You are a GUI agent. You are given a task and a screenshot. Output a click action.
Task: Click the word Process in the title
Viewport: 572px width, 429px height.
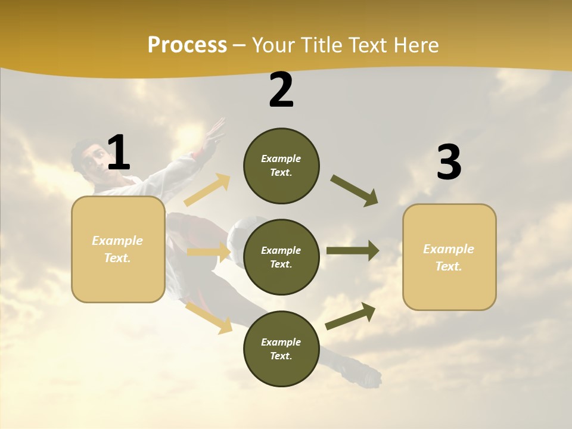(187, 45)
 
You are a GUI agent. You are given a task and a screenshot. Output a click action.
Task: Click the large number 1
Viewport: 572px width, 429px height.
(119, 153)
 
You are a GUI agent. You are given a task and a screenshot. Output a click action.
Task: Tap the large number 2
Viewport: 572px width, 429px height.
(281, 90)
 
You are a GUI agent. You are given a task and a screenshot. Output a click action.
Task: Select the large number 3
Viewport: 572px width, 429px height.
(449, 163)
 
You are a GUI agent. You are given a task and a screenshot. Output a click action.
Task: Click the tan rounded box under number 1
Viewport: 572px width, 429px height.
(118, 249)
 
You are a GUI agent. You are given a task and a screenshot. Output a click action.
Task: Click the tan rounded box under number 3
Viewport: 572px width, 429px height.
(449, 257)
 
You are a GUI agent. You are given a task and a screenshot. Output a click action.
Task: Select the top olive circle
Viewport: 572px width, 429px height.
(281, 166)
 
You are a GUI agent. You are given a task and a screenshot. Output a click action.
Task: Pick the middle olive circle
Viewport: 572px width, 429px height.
(281, 257)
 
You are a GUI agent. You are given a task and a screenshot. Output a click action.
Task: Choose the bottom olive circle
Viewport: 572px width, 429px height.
(281, 349)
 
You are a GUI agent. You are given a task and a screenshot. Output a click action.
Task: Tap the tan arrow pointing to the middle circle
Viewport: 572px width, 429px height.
(209, 252)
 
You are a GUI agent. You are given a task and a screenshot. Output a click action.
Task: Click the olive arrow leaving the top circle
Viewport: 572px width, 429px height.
(355, 191)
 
